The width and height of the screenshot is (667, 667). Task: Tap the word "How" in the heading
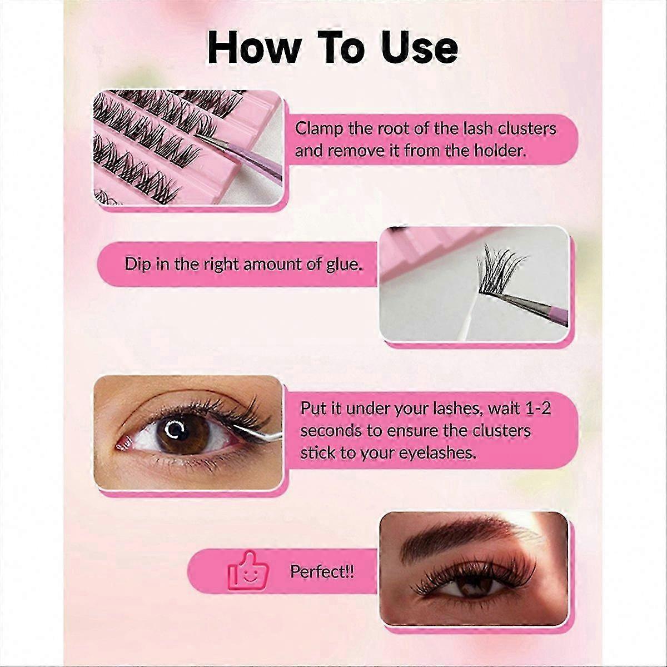253,48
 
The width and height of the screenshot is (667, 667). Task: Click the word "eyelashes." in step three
438,454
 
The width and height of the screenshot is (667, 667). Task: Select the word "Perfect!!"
322,571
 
